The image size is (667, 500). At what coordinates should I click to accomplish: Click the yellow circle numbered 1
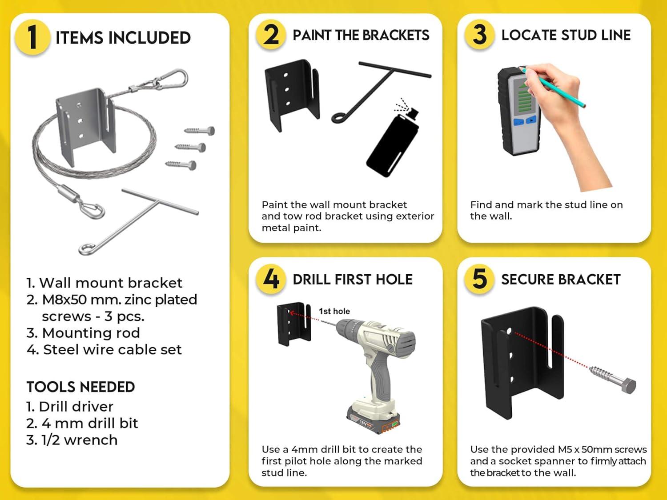click(x=32, y=37)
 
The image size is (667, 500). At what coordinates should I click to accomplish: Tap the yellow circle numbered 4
click(x=270, y=279)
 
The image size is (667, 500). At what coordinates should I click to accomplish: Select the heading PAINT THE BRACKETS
click(x=361, y=35)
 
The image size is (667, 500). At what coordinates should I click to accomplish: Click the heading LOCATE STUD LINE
click(x=566, y=35)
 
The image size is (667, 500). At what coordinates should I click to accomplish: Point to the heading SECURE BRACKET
click(x=561, y=279)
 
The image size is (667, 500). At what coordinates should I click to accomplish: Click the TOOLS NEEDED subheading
click(x=80, y=387)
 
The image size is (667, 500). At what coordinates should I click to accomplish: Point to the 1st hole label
click(x=334, y=311)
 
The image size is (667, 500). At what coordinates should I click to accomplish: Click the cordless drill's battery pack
click(x=373, y=418)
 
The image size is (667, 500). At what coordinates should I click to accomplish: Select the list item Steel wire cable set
click(x=104, y=349)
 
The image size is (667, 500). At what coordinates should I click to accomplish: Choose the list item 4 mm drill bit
click(x=82, y=423)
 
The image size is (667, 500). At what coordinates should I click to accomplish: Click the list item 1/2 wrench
click(x=72, y=440)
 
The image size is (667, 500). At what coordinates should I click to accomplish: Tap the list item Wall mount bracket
click(x=104, y=283)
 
